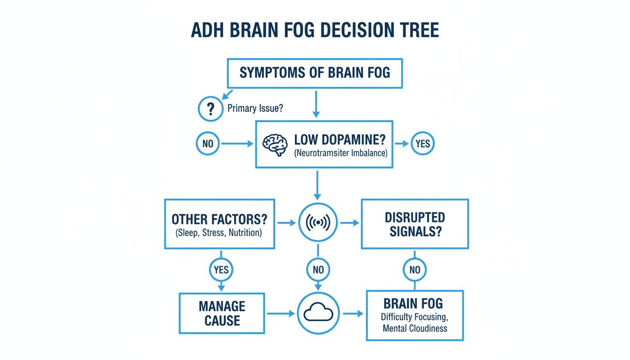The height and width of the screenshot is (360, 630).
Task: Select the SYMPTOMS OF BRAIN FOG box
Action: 315,73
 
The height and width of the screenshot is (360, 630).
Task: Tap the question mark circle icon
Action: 210,109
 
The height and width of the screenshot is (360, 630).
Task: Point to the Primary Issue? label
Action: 255,109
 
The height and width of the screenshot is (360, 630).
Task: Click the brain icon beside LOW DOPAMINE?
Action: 274,144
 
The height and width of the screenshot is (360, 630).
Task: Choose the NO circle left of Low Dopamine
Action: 207,144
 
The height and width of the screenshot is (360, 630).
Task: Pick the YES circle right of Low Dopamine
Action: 422,144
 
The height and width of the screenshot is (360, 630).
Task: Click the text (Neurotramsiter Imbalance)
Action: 340,152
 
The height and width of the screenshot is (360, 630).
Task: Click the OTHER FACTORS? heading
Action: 219,219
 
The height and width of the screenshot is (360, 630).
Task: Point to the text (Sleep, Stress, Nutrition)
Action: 219,232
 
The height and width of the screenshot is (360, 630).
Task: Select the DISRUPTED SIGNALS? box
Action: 414,224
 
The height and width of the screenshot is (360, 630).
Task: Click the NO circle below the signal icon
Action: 318,270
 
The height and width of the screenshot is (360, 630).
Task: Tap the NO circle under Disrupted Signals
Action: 414,270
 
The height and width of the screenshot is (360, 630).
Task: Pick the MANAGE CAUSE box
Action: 222,314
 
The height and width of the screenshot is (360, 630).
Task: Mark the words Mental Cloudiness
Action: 415,328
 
